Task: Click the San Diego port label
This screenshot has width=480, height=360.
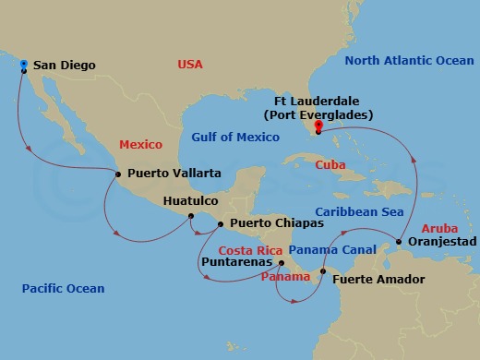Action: [67, 66]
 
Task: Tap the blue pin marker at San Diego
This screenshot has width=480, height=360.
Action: [24, 65]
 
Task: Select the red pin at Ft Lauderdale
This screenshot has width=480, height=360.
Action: [318, 126]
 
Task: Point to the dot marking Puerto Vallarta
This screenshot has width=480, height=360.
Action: [117, 172]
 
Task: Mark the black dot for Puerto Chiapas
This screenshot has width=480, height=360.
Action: [220, 222]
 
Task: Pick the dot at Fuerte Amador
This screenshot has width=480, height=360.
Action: [322, 271]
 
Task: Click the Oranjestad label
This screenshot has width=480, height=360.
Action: [441, 241]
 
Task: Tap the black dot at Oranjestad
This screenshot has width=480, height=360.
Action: [399, 242]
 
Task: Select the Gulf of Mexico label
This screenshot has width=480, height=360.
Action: [235, 138]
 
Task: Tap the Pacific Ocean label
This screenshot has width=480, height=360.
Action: [63, 289]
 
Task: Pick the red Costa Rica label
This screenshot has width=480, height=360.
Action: [249, 250]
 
